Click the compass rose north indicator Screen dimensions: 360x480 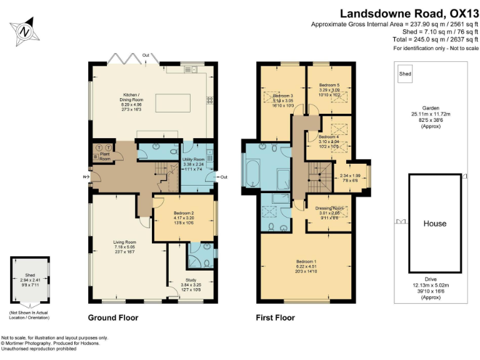(x=24, y=29)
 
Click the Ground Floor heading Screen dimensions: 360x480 (x=113, y=317)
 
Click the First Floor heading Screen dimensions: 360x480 (x=276, y=317)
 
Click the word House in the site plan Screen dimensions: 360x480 (x=434, y=224)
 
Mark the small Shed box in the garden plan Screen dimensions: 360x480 (x=406, y=74)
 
